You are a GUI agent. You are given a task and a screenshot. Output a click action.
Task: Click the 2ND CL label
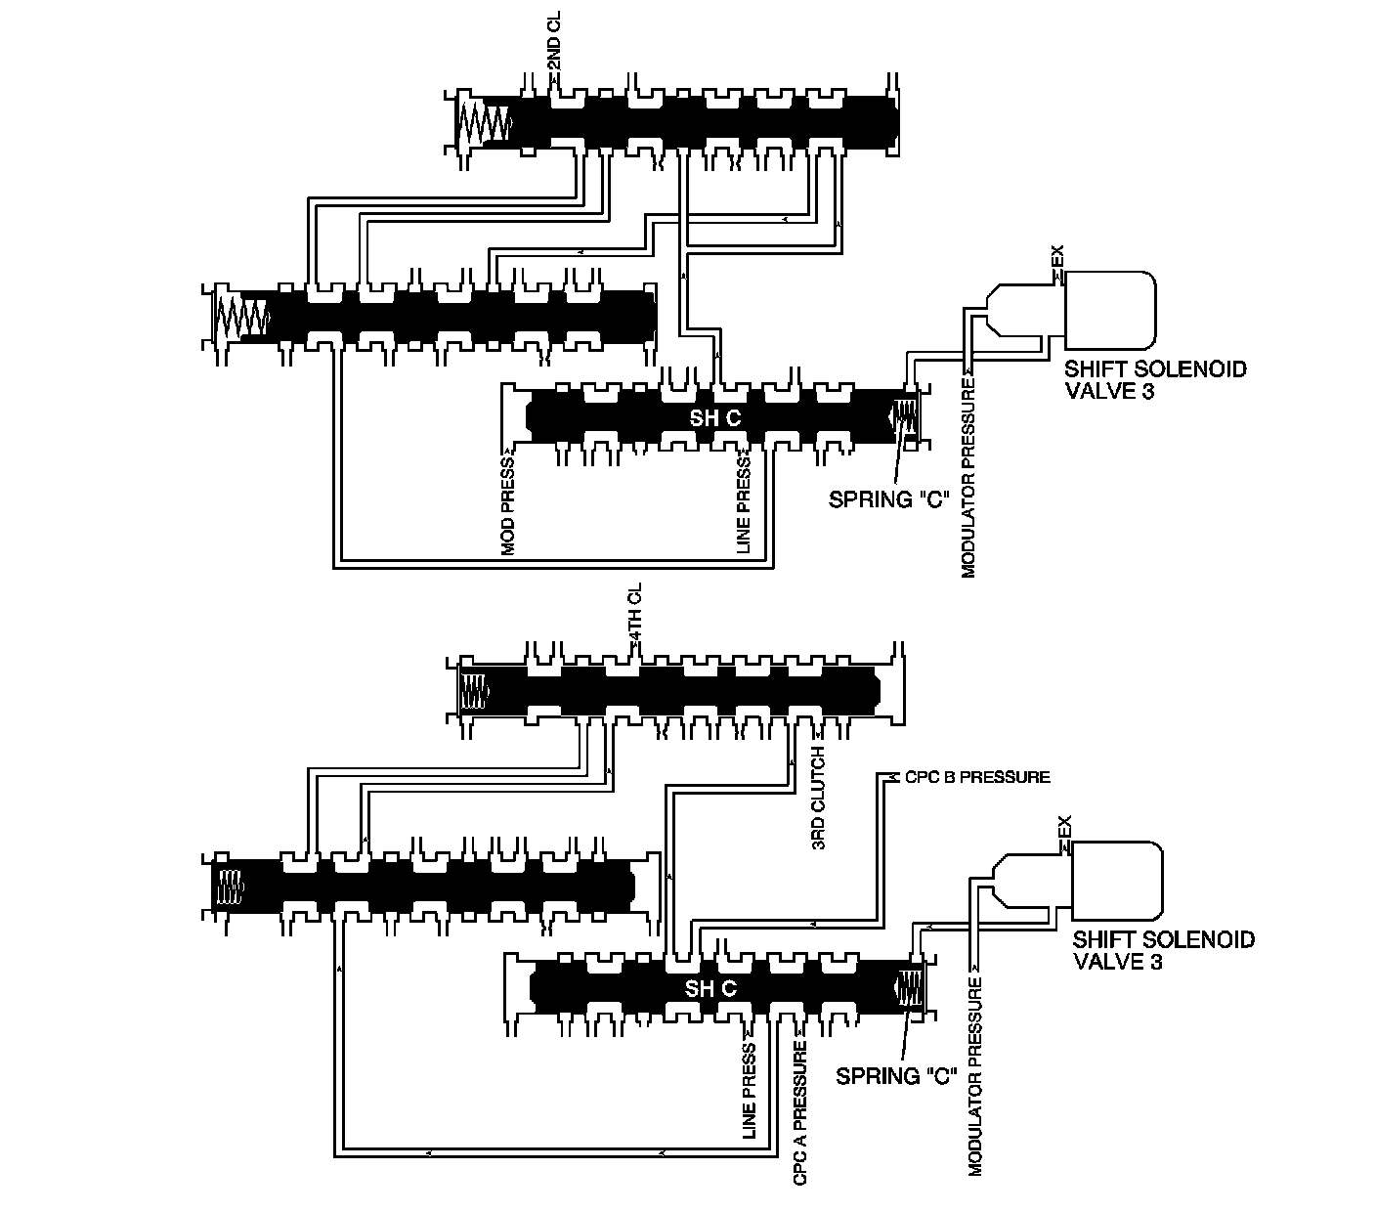553,52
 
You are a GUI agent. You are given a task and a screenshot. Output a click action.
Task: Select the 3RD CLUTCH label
819,799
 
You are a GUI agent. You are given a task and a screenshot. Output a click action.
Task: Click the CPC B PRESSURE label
976,777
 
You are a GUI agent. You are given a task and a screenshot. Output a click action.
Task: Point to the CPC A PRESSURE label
800,1113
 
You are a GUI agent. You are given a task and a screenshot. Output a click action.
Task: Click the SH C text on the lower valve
710,988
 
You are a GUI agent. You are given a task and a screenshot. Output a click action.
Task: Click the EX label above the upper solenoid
1056,259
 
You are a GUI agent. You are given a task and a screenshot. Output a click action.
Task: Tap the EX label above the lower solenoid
1065,828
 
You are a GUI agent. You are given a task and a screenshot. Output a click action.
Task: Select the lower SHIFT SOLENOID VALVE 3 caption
1163,950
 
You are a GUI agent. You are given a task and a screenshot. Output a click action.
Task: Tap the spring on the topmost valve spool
484,122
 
